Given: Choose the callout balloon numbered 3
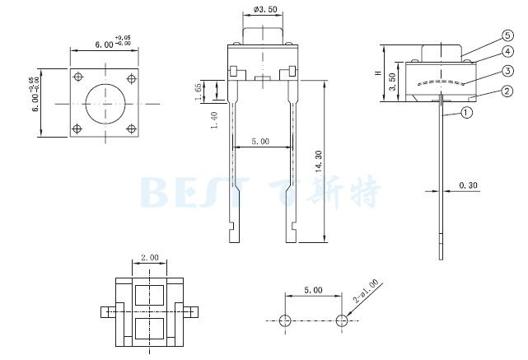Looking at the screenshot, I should (497, 71).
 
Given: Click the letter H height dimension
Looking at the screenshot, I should (378, 73).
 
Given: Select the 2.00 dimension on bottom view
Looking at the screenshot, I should (149, 258).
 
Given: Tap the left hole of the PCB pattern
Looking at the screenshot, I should (285, 320).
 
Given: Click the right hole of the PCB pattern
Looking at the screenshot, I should (342, 320).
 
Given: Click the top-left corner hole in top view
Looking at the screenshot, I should (78, 77).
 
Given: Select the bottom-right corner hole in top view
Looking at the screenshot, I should (130, 129).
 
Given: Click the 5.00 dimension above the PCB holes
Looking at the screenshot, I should (313, 290).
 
